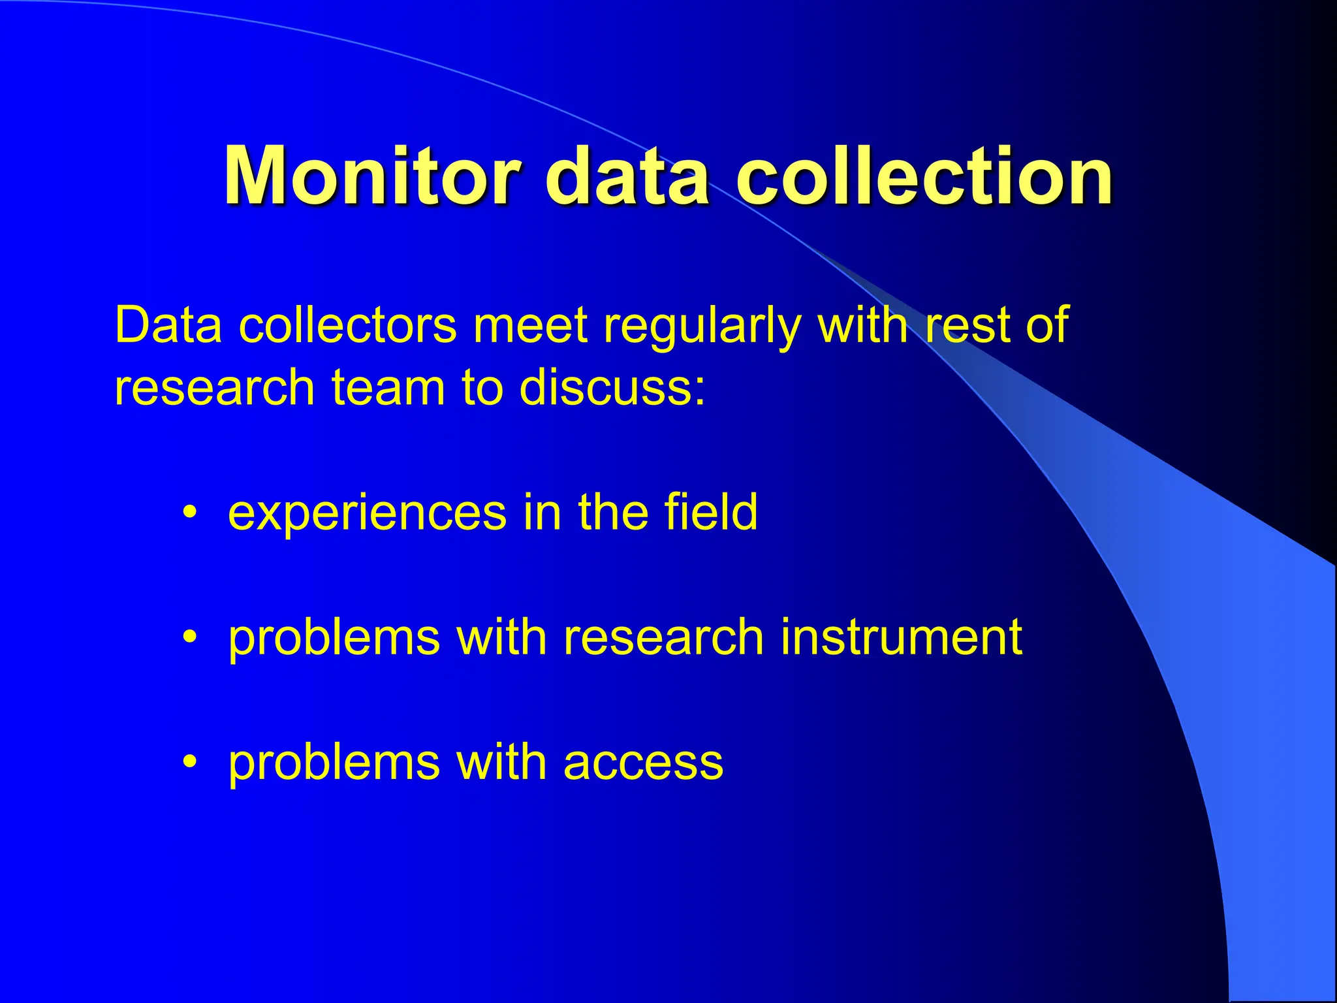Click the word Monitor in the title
tap(372, 176)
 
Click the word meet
tap(530, 325)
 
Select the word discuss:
tap(612, 387)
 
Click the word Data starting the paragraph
tap(168, 325)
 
